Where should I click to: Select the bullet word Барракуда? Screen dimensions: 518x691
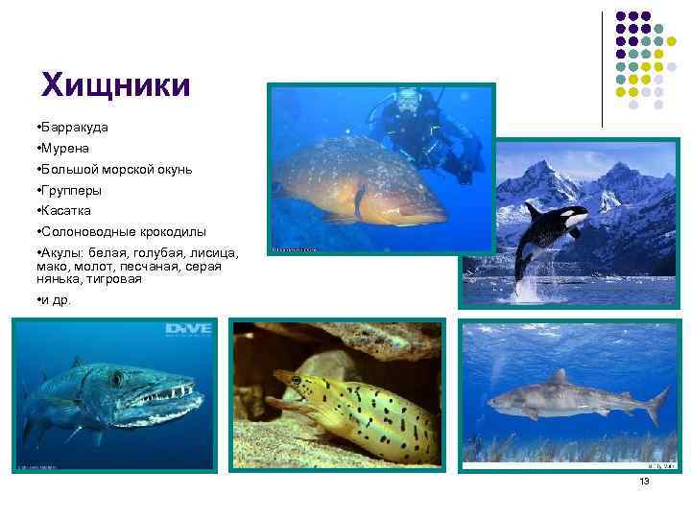[x=74, y=127]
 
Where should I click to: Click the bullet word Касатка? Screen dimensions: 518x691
[x=66, y=211]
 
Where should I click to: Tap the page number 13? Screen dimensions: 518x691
[x=644, y=481]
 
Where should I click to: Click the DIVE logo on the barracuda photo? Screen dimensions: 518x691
[x=188, y=330]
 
